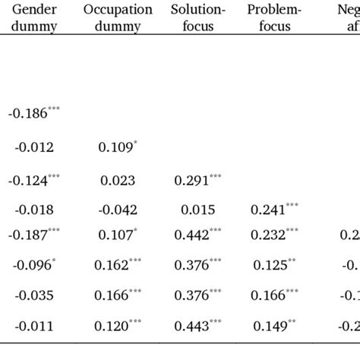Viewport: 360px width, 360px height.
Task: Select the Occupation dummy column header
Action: point(117,18)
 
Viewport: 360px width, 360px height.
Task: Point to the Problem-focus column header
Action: point(273,18)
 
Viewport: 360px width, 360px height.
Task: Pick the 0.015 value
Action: point(196,210)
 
